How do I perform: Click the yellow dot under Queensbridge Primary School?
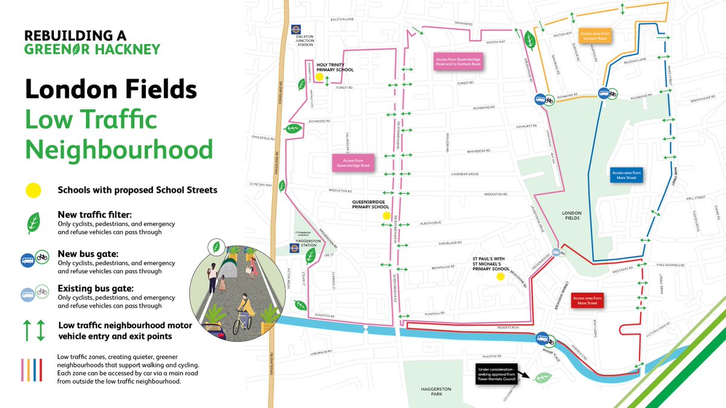(385, 215)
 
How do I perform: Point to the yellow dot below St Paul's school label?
(500, 277)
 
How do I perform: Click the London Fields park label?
(572, 215)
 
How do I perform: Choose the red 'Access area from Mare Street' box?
(587, 300)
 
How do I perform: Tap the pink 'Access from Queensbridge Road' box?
(351, 162)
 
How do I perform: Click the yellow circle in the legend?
(33, 190)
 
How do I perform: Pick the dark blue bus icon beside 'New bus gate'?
(28, 260)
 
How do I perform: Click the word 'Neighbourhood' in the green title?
(119, 149)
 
